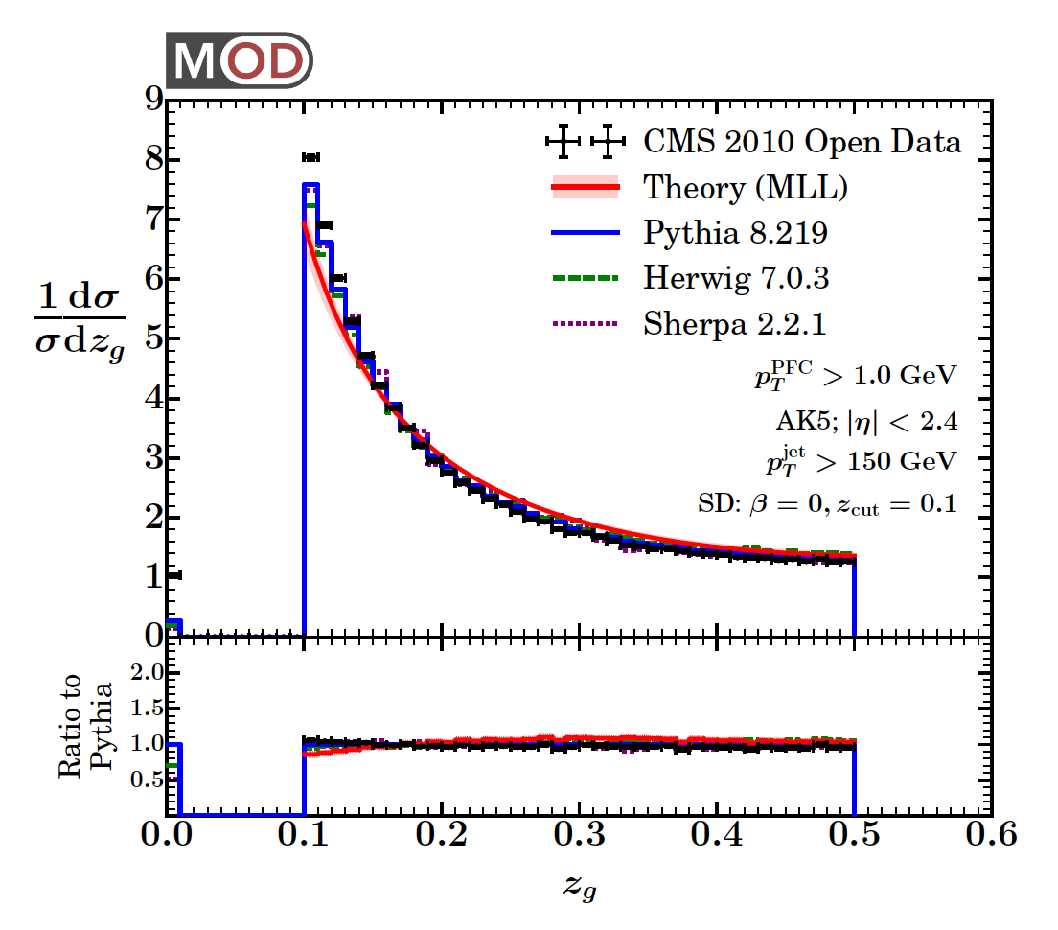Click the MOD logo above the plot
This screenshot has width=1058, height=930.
coord(240,60)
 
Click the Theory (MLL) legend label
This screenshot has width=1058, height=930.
coord(745,188)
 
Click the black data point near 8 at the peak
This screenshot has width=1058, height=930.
coord(310,156)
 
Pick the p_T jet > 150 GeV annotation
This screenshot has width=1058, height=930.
coord(860,459)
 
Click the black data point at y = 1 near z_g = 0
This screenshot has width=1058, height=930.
coord(173,575)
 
